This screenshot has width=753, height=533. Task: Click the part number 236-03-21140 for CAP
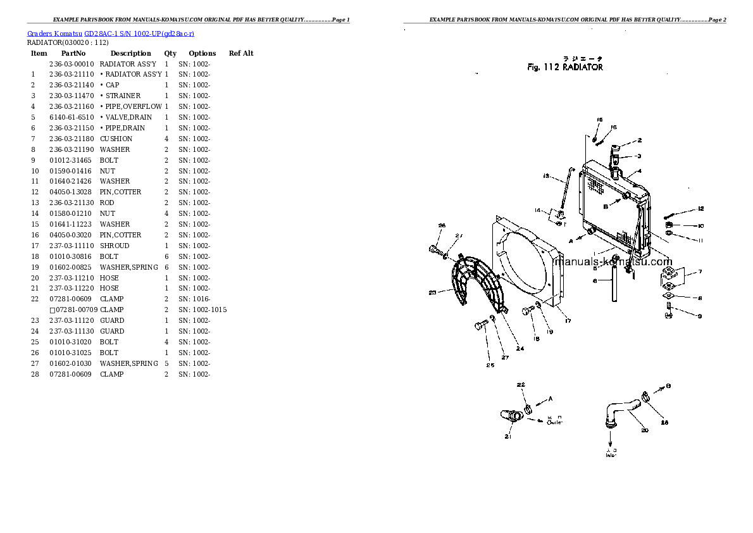pos(72,85)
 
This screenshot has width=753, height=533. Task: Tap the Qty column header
pos(170,53)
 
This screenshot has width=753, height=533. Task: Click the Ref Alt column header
pos(240,53)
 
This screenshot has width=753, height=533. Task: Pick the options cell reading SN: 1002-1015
pos(202,310)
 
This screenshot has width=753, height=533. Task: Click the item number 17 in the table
pos(35,246)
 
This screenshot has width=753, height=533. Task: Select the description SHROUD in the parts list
pos(115,246)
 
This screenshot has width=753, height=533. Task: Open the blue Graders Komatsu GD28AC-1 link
pos(111,33)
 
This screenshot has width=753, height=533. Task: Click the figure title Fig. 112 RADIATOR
pos(564,67)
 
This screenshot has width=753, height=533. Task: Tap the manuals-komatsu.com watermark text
pos(612,262)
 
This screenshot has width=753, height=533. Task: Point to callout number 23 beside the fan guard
pos(432,292)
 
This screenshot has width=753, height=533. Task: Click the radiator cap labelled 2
pos(616,152)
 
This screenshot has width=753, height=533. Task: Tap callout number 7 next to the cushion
pos(700,272)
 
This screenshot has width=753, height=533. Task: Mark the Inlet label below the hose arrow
pos(611,453)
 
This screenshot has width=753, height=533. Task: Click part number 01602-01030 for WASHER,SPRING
pos(72,363)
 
